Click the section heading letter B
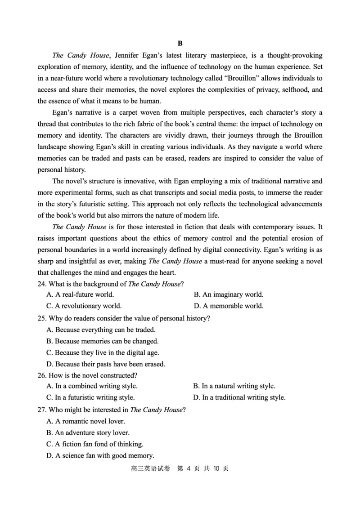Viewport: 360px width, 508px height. click(180, 44)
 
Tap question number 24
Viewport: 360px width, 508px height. click(41, 284)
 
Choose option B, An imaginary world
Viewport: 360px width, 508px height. click(228, 295)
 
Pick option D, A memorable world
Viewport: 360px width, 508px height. click(228, 306)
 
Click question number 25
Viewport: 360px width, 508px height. click(41, 318)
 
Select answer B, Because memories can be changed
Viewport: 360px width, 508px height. click(102, 341)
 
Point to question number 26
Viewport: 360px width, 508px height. click(41, 375)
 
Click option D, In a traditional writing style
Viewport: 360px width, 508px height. click(239, 397)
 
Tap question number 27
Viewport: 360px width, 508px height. click(41, 410)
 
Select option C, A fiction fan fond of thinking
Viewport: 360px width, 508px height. click(95, 444)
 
